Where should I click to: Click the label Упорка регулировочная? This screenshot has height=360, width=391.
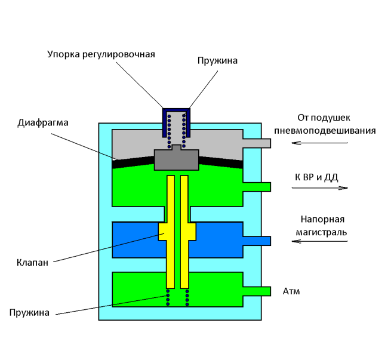pyautogui.click(x=101, y=54)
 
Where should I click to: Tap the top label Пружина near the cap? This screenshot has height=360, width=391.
pyautogui.click(x=217, y=61)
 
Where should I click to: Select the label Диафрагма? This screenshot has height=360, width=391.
pyautogui.click(x=43, y=123)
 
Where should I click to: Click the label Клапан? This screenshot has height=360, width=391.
pyautogui.click(x=32, y=263)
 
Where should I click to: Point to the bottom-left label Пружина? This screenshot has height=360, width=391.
pyautogui.click(x=29, y=313)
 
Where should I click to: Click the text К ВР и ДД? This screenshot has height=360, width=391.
pyautogui.click(x=316, y=177)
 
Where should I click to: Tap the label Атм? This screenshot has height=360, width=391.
pyautogui.click(x=291, y=291)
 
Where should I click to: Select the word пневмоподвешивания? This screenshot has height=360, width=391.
pyautogui.click(x=325, y=131)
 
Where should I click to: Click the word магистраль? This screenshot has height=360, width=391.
pyautogui.click(x=321, y=232)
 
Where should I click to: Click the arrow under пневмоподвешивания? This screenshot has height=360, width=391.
pyautogui.click(x=319, y=143)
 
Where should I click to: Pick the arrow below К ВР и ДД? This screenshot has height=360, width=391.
pyautogui.click(x=320, y=187)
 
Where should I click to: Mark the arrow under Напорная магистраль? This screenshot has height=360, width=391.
pyautogui.click(x=319, y=241)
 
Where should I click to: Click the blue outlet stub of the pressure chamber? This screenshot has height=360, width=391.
pyautogui.click(x=257, y=241)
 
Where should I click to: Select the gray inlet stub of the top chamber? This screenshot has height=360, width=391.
pyautogui.click(x=257, y=143)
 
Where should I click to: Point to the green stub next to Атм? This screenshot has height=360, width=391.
pyautogui.click(x=257, y=291)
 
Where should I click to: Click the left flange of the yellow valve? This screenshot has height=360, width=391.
pyautogui.click(x=162, y=232)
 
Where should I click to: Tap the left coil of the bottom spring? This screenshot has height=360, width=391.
pyautogui.click(x=168, y=297)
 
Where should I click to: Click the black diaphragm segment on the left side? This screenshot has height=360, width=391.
pyautogui.click(x=133, y=162)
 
